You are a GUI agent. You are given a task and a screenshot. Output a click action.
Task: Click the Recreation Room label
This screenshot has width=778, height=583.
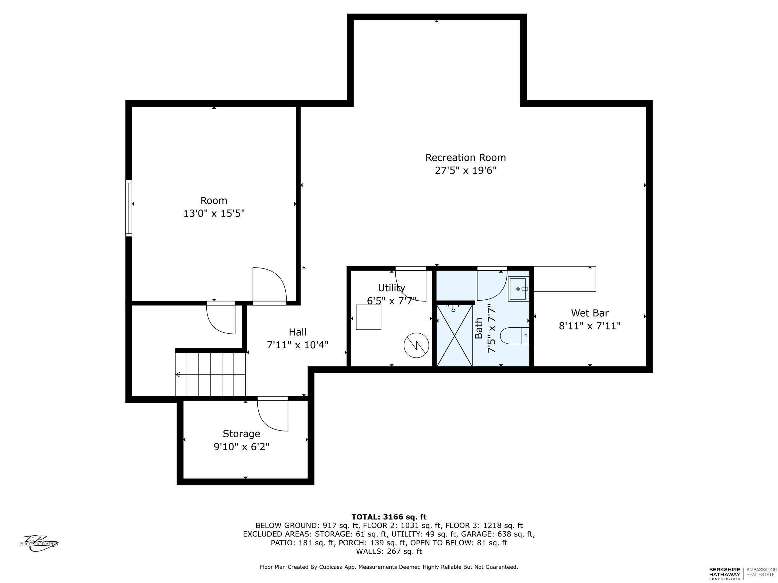tap(466, 158)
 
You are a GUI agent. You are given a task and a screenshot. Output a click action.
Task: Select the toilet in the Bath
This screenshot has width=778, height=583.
tap(515, 336)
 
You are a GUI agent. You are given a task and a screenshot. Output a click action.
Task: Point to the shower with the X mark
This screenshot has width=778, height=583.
tap(455, 336)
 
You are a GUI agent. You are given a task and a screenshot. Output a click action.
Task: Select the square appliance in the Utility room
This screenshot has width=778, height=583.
tap(369, 317)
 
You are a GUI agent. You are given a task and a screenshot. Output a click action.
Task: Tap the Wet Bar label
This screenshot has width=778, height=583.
tap(590, 313)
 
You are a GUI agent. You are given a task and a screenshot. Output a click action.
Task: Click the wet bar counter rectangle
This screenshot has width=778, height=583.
tap(565, 279)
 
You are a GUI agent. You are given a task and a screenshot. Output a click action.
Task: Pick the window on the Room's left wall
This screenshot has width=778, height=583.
tap(129, 208)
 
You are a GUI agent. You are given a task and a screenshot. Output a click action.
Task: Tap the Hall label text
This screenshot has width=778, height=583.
tap(298, 332)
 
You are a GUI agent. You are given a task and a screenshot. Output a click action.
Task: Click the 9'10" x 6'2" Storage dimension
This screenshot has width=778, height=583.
tap(242, 447)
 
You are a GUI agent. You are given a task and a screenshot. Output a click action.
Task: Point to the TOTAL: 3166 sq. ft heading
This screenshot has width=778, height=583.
tap(389, 517)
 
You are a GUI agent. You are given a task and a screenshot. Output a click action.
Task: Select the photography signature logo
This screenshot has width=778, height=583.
tap(39, 543)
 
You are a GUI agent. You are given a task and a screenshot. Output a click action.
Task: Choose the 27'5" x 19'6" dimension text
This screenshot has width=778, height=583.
tap(466, 170)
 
